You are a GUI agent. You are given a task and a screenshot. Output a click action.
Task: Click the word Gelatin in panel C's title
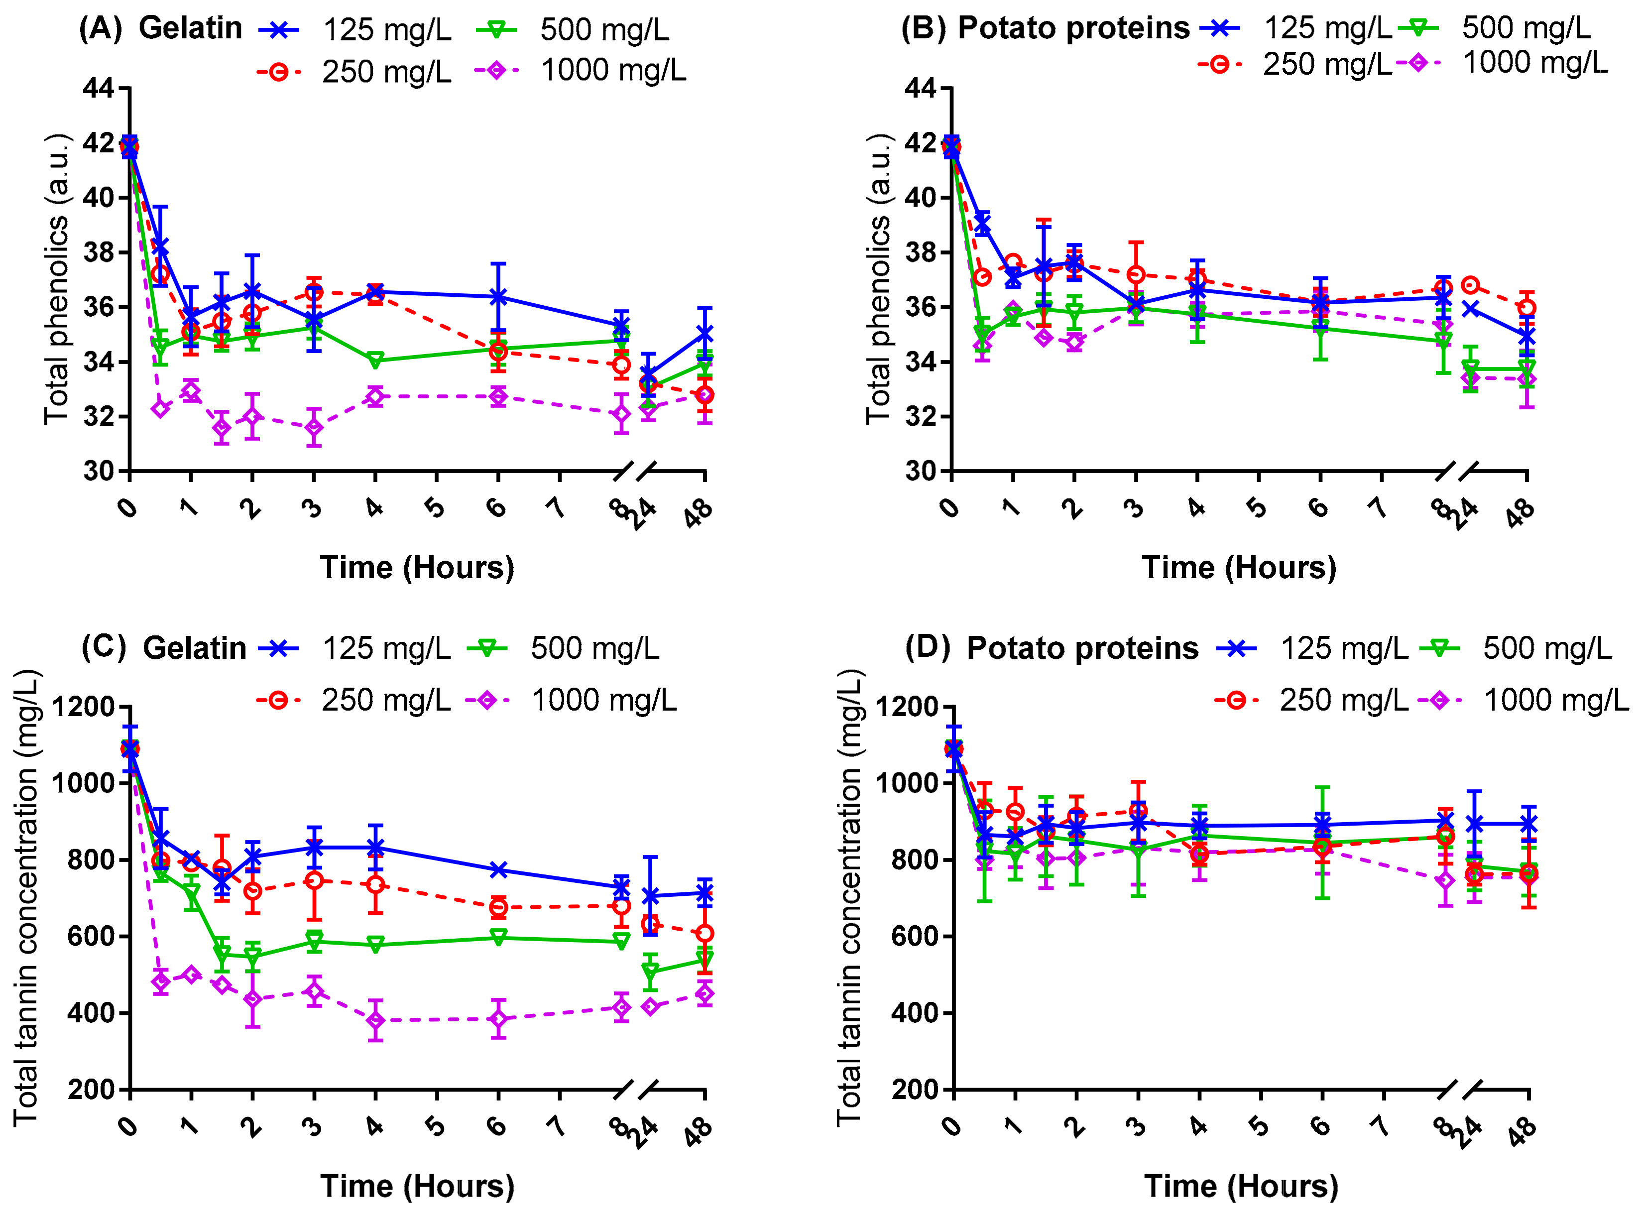[x=194, y=648]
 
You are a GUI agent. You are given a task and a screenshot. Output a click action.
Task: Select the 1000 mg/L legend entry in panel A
[x=613, y=71]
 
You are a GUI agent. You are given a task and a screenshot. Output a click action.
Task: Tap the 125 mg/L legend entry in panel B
[x=1328, y=28]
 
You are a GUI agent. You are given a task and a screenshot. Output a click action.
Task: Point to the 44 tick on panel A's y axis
[x=98, y=89]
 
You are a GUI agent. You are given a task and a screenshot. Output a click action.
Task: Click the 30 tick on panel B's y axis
[x=921, y=471]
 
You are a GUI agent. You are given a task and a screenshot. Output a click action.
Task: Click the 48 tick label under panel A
[x=698, y=512]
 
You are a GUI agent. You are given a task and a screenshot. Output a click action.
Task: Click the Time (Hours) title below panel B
[x=1239, y=568]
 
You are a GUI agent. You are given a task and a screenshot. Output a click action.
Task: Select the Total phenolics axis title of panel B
[x=878, y=279]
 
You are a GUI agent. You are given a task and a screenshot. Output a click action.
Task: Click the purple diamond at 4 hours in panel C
[x=375, y=1021]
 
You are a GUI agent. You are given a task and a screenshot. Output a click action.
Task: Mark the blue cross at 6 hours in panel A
[x=499, y=297]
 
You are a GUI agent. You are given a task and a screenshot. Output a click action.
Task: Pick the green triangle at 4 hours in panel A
[x=375, y=361]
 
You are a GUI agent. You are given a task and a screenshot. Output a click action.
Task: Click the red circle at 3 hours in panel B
[x=1136, y=275]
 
